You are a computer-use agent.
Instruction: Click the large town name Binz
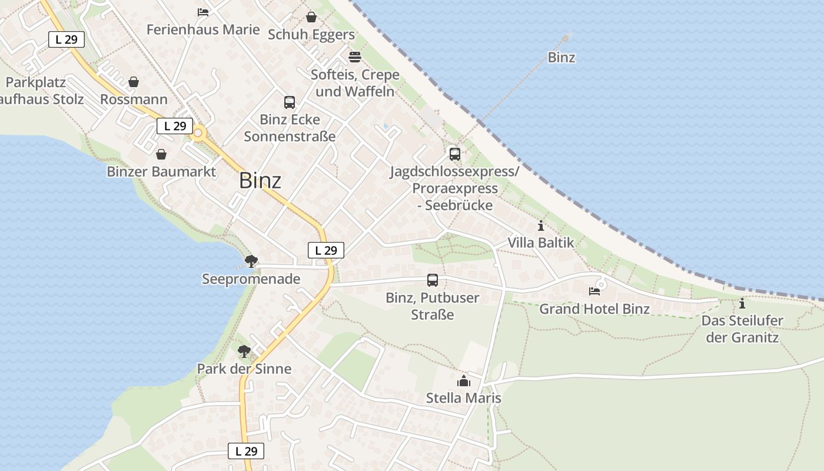260,181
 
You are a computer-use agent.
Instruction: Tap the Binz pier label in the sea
561,58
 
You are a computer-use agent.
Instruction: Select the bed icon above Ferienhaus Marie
203,12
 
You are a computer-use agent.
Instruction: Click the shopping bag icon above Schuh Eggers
311,17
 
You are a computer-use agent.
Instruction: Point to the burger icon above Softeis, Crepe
355,57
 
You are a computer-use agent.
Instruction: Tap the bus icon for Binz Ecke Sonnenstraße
290,102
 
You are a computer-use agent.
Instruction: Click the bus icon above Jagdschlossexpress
455,154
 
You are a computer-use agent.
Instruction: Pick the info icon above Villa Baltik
541,225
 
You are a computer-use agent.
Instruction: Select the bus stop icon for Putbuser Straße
433,280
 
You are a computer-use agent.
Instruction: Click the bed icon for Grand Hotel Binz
594,291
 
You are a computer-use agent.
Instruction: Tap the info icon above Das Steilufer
742,304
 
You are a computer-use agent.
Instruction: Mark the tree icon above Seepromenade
251,261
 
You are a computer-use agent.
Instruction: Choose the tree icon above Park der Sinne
244,351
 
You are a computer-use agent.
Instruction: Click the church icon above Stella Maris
464,381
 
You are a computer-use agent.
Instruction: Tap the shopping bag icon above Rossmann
134,82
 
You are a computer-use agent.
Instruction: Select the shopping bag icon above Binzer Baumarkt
161,154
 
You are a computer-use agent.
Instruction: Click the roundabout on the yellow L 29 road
198,134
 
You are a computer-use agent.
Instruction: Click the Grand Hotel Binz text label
594,309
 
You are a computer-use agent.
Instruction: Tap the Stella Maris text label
464,398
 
